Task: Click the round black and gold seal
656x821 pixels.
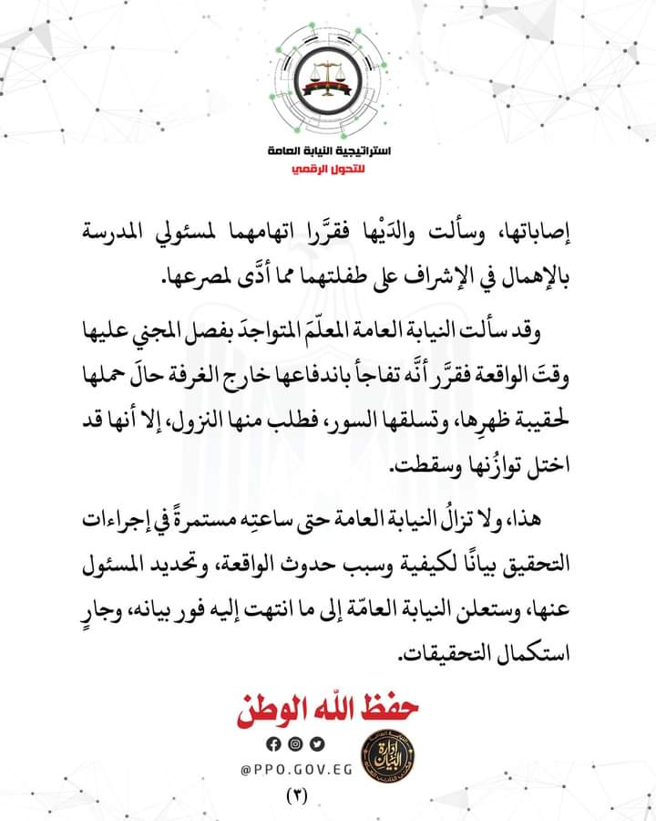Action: [387, 753]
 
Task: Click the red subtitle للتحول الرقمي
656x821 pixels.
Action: [326, 171]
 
